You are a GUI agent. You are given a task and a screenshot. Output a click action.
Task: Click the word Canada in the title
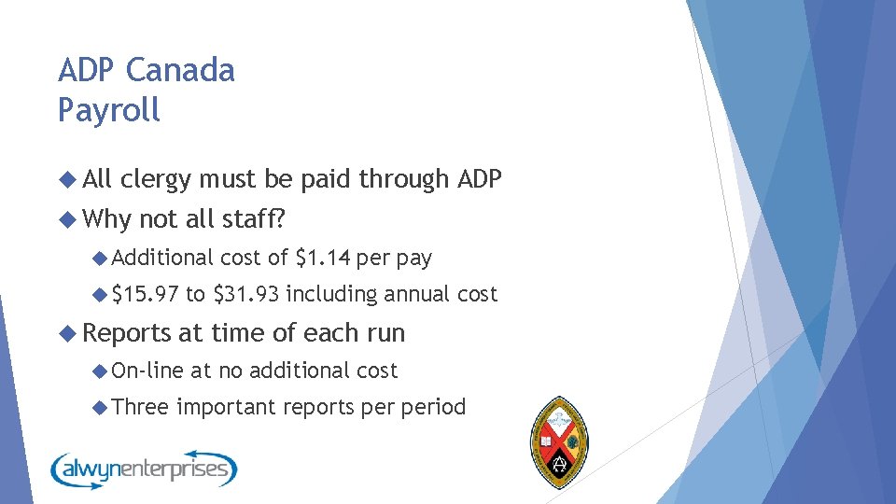180,70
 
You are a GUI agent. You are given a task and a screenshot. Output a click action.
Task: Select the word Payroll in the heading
109,110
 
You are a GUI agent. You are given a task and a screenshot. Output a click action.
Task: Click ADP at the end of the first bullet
479,179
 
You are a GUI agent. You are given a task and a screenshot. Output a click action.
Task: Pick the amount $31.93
246,295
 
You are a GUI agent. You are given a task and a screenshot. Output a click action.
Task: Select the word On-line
147,371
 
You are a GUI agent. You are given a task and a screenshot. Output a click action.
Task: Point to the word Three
140,407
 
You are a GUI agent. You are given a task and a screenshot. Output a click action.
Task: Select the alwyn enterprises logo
144,468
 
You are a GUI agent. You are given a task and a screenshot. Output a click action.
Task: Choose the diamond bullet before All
66,179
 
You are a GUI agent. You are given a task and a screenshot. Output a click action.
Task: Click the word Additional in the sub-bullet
163,257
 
